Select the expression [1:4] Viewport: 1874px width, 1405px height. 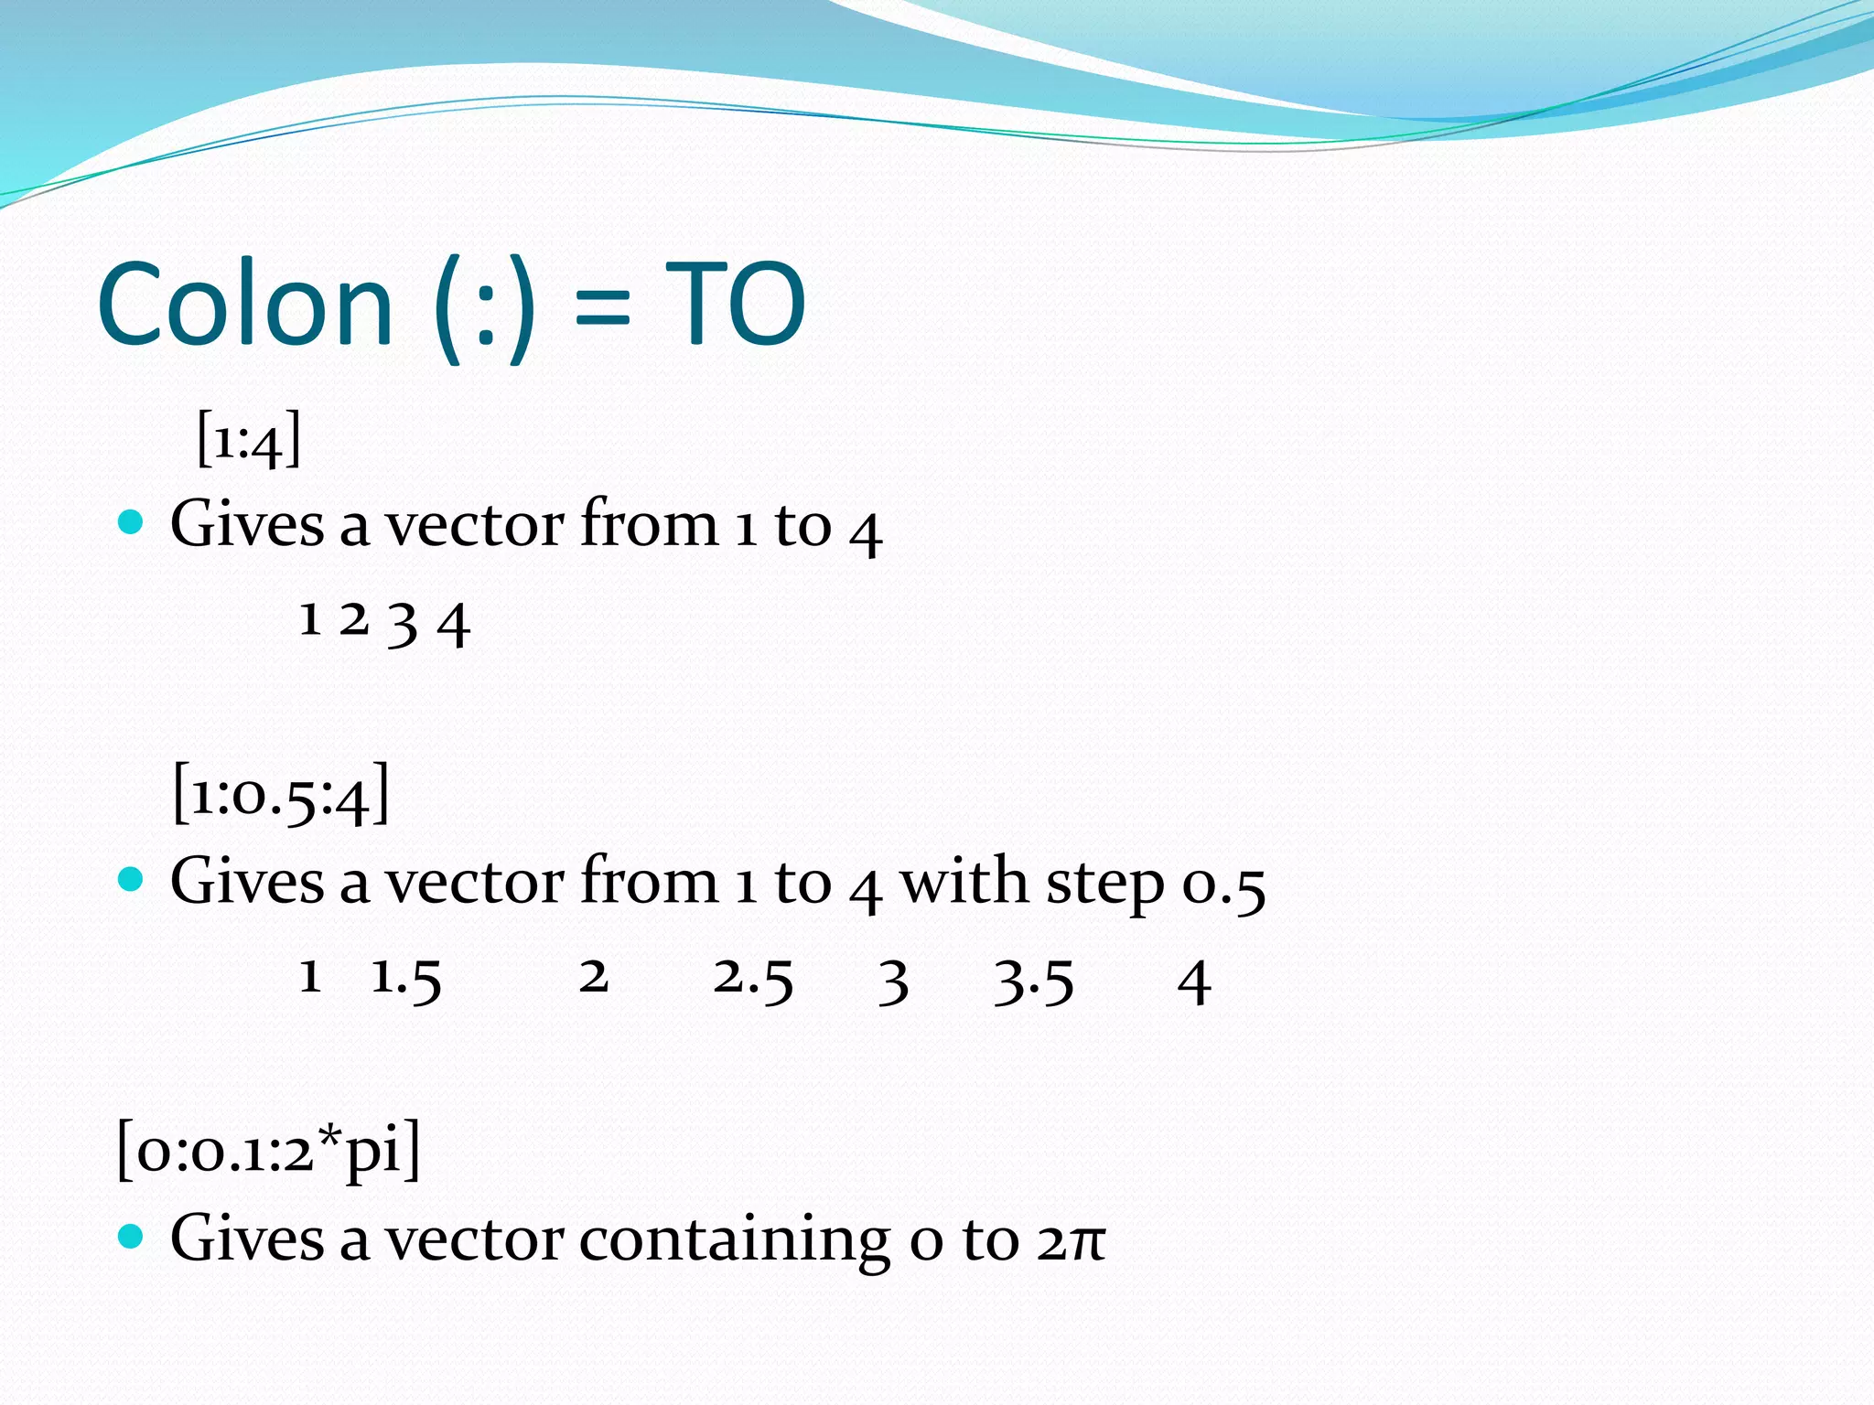(x=249, y=440)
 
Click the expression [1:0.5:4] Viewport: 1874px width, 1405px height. (x=281, y=794)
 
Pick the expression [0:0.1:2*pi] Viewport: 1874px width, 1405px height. (x=269, y=1150)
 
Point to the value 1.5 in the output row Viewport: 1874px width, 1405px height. (x=406, y=979)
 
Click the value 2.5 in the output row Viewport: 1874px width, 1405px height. (x=753, y=979)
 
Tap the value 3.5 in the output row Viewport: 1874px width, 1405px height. (x=1034, y=981)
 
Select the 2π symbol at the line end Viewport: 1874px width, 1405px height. (x=1072, y=1241)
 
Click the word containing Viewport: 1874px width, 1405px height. (x=735, y=1241)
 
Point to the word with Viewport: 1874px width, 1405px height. (x=964, y=882)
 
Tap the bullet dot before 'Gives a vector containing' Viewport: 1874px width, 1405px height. (x=132, y=1237)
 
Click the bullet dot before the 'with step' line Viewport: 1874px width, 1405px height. (x=132, y=880)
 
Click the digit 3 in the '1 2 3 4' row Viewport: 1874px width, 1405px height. (x=403, y=624)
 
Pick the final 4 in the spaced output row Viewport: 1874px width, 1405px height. (x=1194, y=982)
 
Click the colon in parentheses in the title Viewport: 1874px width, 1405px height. (x=485, y=311)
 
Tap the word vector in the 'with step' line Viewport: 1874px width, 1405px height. (x=473, y=884)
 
